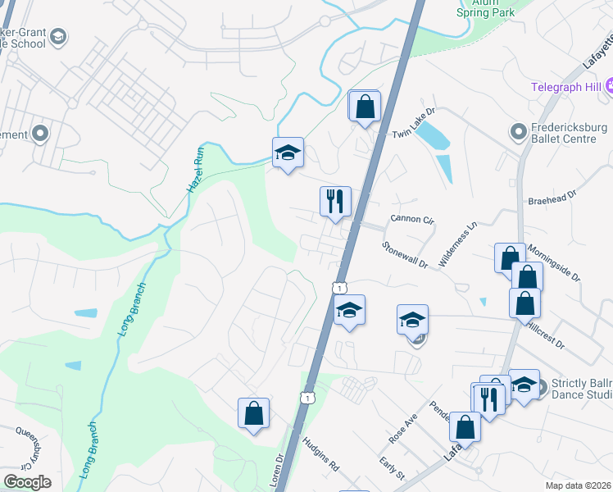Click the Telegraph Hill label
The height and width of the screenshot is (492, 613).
(566, 87)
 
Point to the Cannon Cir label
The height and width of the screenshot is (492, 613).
(411, 219)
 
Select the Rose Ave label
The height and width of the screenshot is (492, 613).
(403, 428)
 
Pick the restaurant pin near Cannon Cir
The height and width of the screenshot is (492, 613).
(334, 201)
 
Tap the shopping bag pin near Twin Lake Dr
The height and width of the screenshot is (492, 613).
(365, 106)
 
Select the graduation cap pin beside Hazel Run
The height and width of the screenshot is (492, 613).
(288, 152)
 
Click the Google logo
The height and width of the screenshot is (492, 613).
(27, 482)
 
